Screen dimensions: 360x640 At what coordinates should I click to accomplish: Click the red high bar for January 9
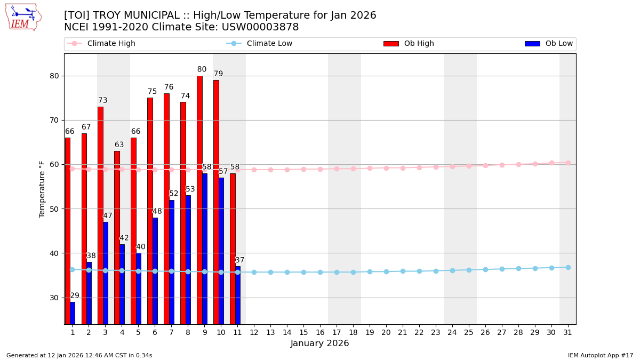coord(199,200)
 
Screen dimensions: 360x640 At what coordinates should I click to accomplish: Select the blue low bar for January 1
coord(73,313)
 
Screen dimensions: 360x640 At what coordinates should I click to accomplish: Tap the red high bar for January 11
coord(233,249)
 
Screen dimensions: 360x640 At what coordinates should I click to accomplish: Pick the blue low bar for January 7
coord(172,262)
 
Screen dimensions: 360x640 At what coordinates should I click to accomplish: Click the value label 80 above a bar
coord(202,69)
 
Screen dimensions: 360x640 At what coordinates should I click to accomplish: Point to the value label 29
coord(75,296)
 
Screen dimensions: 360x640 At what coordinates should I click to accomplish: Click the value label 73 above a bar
coord(102,100)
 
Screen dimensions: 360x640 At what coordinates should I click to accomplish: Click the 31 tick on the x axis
coord(568,332)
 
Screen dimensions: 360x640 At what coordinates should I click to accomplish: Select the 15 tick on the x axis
coord(303,332)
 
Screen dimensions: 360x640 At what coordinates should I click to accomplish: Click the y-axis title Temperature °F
coord(42,189)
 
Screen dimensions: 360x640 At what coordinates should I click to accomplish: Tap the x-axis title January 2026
coord(319,343)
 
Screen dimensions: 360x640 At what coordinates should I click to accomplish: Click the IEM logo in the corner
coord(23,17)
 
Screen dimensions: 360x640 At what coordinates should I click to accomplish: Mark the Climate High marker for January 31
coord(568,163)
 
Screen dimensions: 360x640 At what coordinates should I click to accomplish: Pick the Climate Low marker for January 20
coord(386,271)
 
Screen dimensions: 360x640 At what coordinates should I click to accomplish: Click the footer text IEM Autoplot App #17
coord(600,355)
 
